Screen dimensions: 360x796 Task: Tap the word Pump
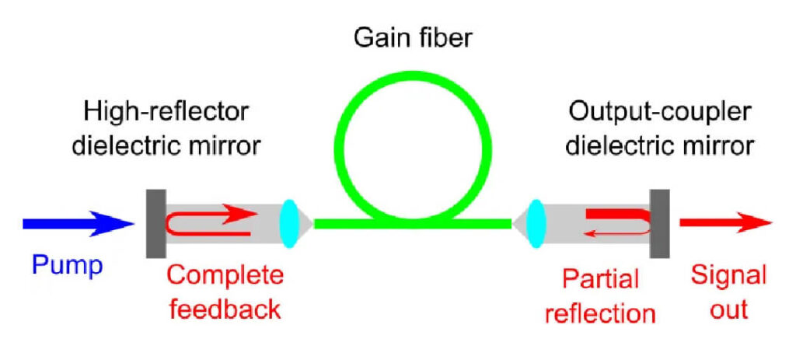click(67, 266)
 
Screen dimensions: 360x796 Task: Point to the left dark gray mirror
click(152, 224)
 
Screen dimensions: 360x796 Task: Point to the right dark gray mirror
click(660, 224)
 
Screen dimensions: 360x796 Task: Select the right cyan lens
click(535, 224)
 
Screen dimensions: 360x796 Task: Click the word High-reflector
click(166, 111)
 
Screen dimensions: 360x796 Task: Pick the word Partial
click(600, 278)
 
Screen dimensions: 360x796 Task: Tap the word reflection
click(600, 313)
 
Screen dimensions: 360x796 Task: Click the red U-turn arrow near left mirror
click(206, 222)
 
